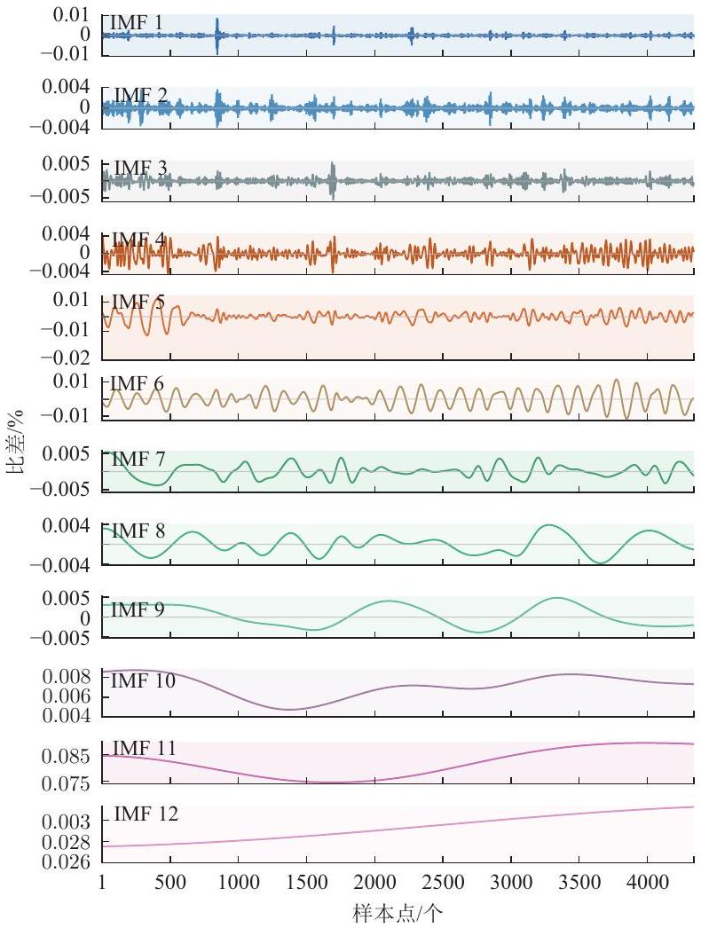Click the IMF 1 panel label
[136, 23]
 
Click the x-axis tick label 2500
[442, 883]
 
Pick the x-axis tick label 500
[169, 883]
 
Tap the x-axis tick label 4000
[647, 883]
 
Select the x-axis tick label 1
[102, 883]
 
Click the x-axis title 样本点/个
[398, 913]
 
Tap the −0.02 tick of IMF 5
[65, 357]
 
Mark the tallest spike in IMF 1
[217, 35]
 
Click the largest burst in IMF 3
[333, 180]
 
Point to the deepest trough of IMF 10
[288, 709]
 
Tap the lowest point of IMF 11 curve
[328, 783]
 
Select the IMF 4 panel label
[138, 240]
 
